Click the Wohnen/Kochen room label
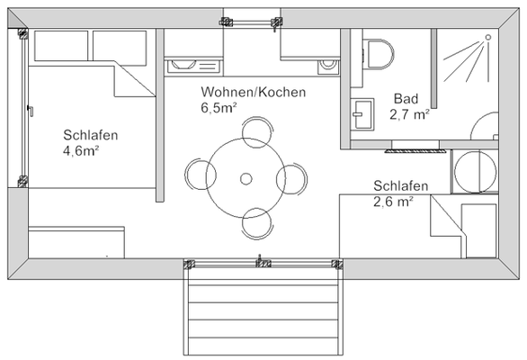click(x=254, y=93)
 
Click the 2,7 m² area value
click(x=409, y=114)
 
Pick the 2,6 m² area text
click(x=393, y=202)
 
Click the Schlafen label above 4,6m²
click(x=91, y=135)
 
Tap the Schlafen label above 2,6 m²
click(x=401, y=186)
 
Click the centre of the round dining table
click(x=246, y=178)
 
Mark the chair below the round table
click(x=257, y=223)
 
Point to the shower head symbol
click(x=485, y=38)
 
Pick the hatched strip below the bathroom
click(x=415, y=144)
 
